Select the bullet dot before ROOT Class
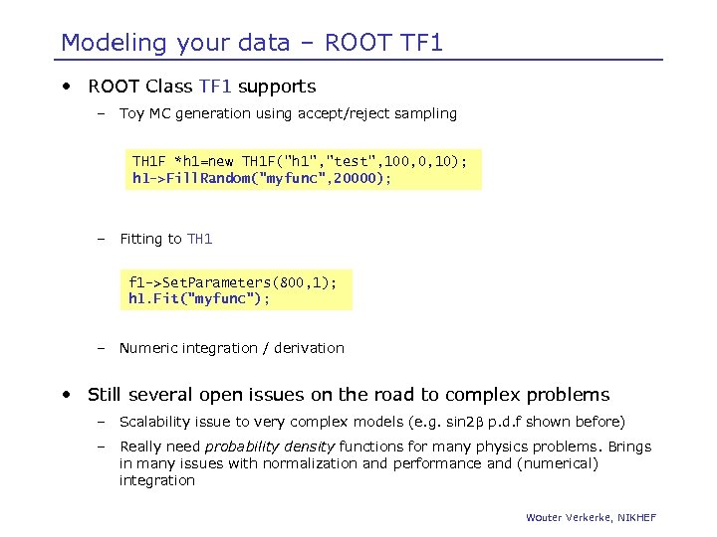coord(66,87)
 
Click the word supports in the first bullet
coord(277,87)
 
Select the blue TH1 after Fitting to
coord(199,239)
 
